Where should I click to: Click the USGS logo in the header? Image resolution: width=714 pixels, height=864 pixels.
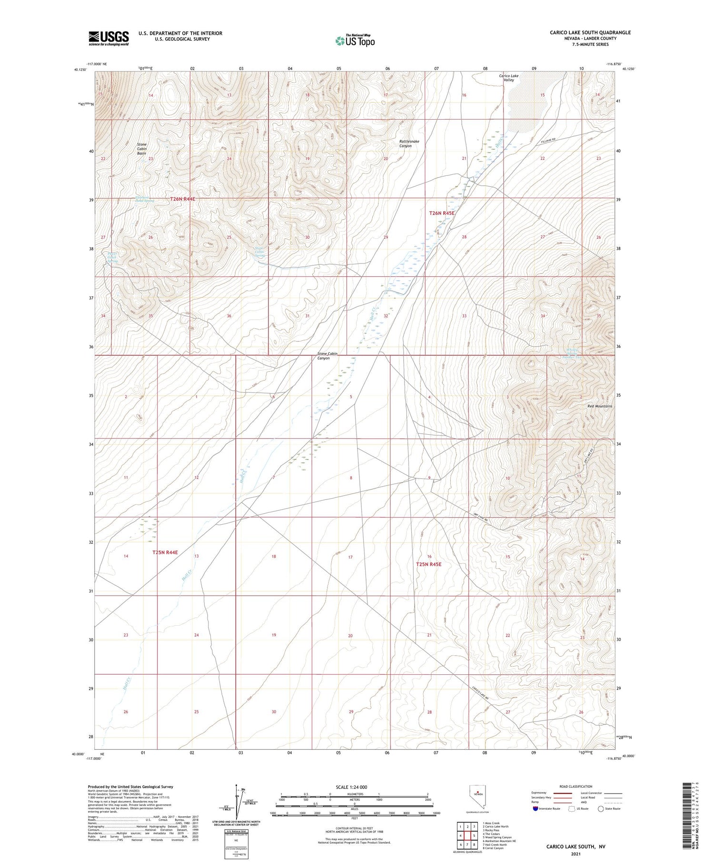109,38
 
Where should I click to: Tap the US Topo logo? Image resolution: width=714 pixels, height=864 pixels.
355,41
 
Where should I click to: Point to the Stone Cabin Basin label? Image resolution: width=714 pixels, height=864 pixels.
142,149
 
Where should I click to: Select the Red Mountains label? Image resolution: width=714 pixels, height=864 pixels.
600,406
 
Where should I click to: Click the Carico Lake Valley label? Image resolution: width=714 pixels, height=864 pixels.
508,78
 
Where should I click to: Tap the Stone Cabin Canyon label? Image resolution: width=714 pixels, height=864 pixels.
327,356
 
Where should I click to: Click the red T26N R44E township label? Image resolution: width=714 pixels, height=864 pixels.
183,199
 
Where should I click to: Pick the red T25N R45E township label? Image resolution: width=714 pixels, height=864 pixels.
428,564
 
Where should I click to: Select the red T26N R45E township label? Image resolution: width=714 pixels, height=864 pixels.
442,213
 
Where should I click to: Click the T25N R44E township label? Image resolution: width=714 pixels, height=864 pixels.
165,552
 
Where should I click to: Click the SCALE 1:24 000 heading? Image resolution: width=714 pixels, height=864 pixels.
351,787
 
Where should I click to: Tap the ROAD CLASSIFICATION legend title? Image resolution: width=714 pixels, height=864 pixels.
576,786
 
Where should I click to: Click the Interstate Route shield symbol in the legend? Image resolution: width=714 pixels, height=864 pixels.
535,809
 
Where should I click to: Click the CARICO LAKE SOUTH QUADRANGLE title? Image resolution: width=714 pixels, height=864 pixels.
590,32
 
